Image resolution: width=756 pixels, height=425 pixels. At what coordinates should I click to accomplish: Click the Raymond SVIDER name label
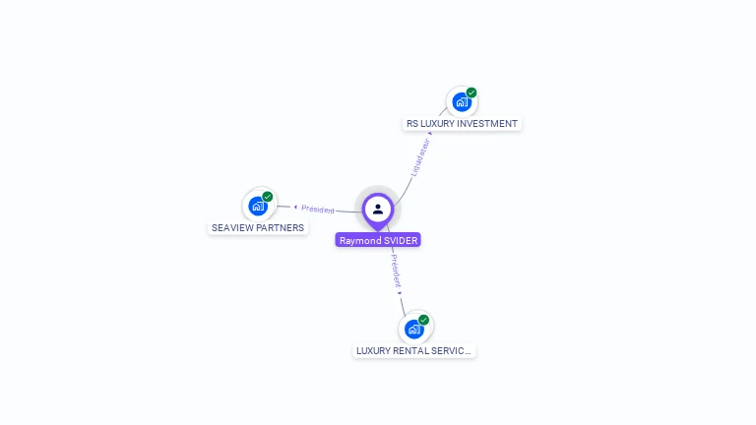pyautogui.click(x=378, y=240)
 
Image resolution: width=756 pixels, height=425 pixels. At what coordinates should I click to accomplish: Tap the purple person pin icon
pyautogui.click(x=378, y=209)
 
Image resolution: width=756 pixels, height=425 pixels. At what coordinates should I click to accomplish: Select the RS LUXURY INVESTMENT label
pyautogui.click(x=462, y=124)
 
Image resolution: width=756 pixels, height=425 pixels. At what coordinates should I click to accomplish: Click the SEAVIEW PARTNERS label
pyautogui.click(x=258, y=228)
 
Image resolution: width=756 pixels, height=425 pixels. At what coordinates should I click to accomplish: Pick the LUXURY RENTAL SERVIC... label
pyautogui.click(x=414, y=350)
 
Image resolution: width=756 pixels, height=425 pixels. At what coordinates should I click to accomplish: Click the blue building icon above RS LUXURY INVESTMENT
pyautogui.click(x=461, y=102)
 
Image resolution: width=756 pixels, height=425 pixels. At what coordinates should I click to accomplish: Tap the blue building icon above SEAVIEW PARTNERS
pyautogui.click(x=257, y=206)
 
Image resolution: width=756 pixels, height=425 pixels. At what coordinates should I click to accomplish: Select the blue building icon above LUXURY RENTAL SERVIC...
pyautogui.click(x=413, y=329)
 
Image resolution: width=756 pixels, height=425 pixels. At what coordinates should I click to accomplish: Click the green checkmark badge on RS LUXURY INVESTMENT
pyautogui.click(x=472, y=92)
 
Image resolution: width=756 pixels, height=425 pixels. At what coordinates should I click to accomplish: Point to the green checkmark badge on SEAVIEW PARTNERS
pyautogui.click(x=268, y=197)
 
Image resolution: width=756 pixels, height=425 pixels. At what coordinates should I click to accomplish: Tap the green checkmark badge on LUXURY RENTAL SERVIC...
pyautogui.click(x=424, y=320)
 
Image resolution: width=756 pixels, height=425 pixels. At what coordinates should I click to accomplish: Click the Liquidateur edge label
pyautogui.click(x=420, y=157)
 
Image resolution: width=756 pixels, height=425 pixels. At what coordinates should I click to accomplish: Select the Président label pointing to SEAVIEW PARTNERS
pyautogui.click(x=318, y=210)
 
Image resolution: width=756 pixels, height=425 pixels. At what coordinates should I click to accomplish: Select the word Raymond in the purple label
pyautogui.click(x=359, y=240)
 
